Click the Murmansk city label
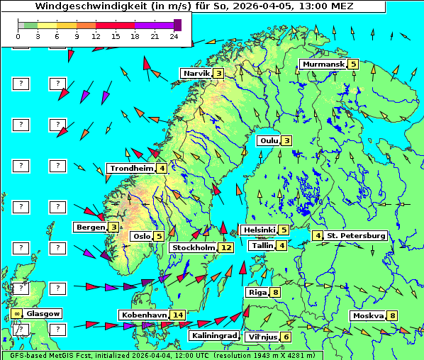tap(323, 64)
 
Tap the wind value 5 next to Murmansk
tap(352, 64)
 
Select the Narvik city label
tap(196, 74)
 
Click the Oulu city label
tap(268, 140)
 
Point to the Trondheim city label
tap(131, 169)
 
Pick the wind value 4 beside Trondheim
tap(162, 169)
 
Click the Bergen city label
tap(90, 227)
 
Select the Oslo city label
tap(141, 237)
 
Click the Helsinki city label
tap(259, 230)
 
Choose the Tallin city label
tap(263, 246)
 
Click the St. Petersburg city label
tap(356, 235)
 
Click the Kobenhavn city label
tap(144, 315)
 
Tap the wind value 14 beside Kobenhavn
tap(178, 315)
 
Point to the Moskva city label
tap(368, 316)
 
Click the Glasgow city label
tap(43, 313)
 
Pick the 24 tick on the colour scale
tap(173, 35)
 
